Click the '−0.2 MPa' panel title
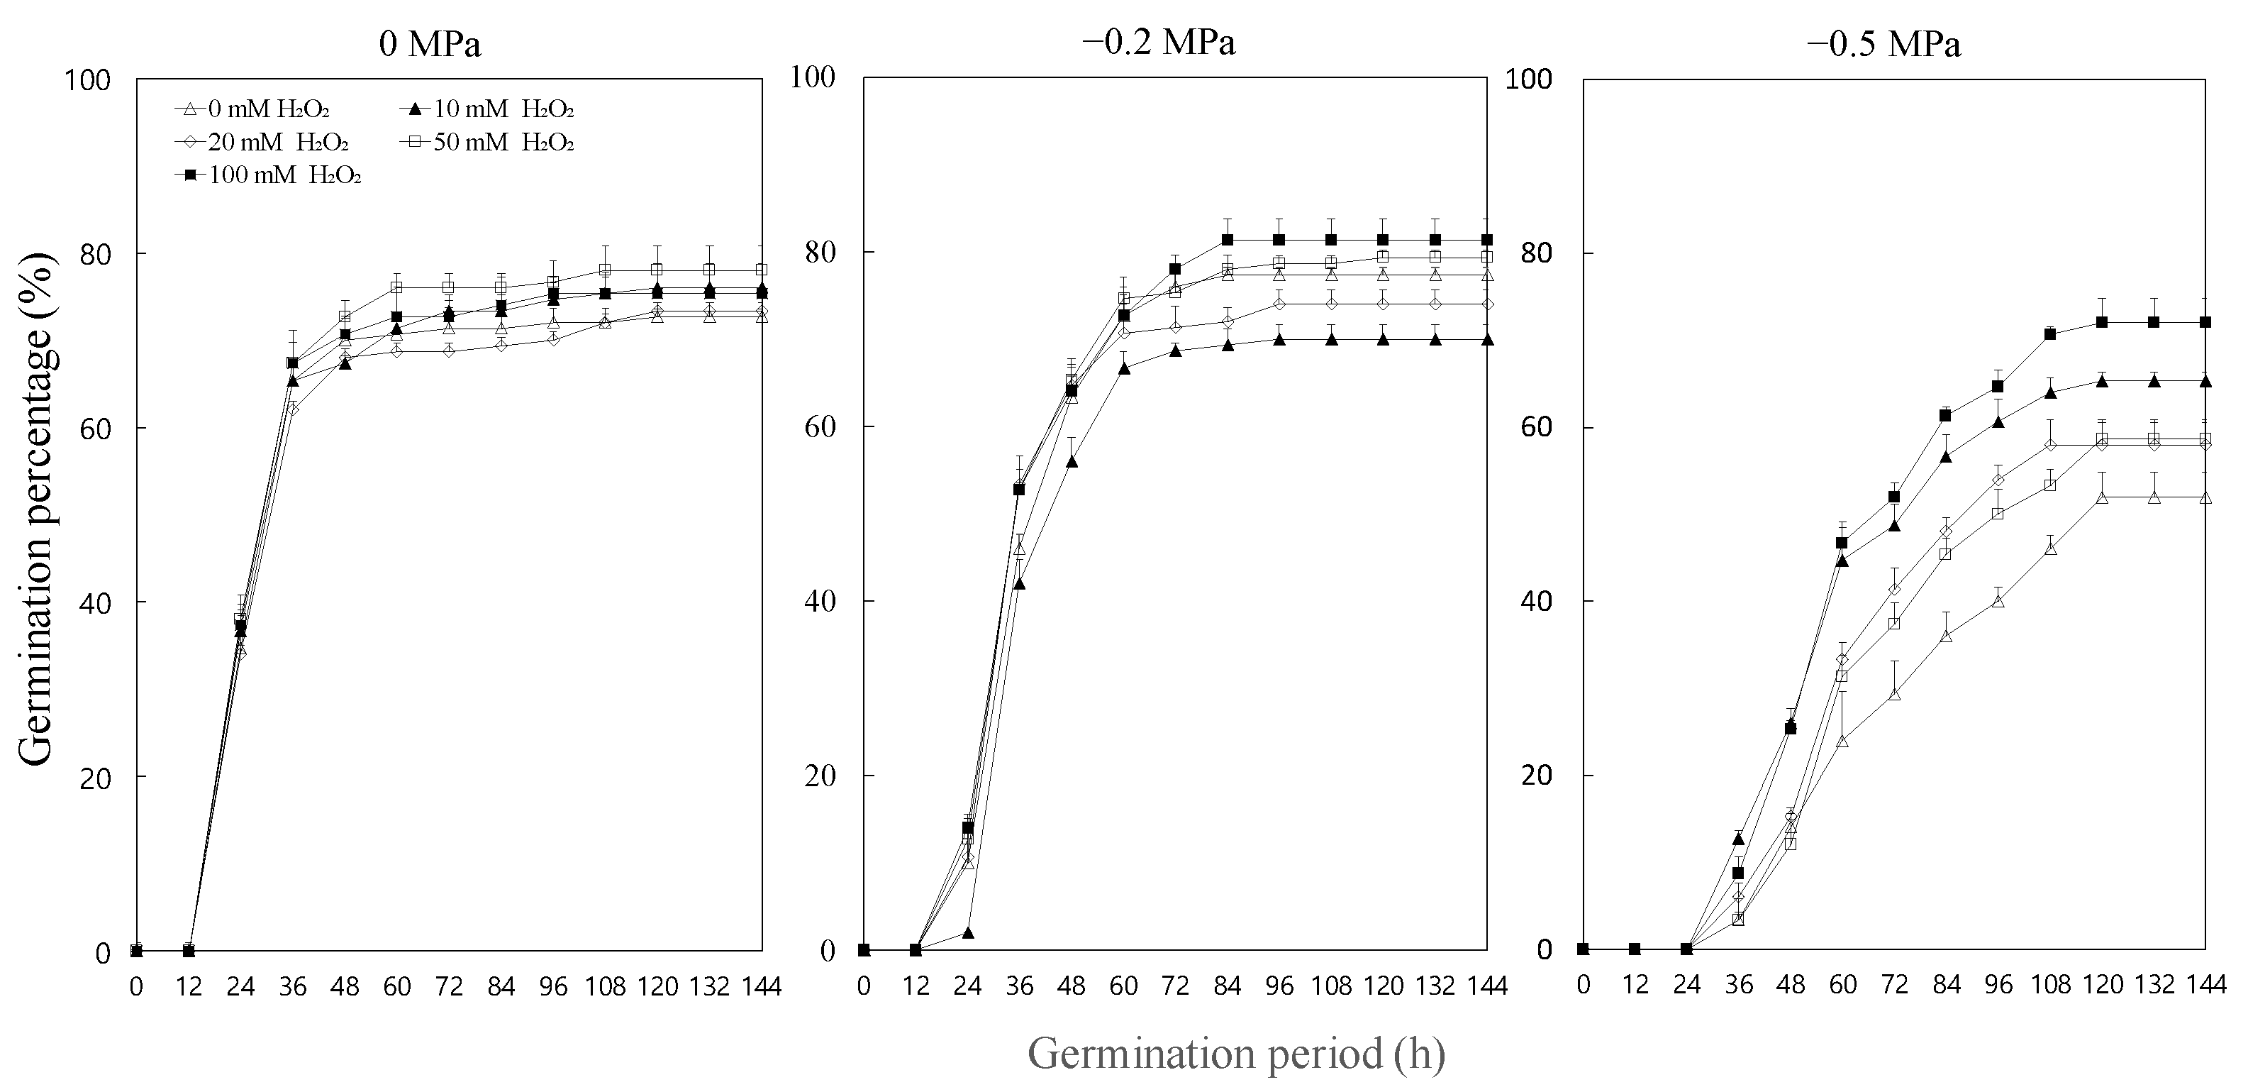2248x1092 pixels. tap(1158, 42)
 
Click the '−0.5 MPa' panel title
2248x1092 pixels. tap(1884, 45)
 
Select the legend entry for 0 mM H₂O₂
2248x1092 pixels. tap(253, 109)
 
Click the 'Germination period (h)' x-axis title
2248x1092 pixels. tap(1237, 1054)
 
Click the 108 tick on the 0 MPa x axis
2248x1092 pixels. tap(605, 987)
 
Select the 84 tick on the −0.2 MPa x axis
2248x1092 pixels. tap(1227, 987)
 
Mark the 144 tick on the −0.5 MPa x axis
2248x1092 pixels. tap(2206, 986)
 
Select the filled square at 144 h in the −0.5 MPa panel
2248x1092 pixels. tap(2205, 322)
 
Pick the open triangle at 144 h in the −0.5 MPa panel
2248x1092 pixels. tap(2205, 497)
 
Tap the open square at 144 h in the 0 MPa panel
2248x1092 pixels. tap(761, 270)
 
